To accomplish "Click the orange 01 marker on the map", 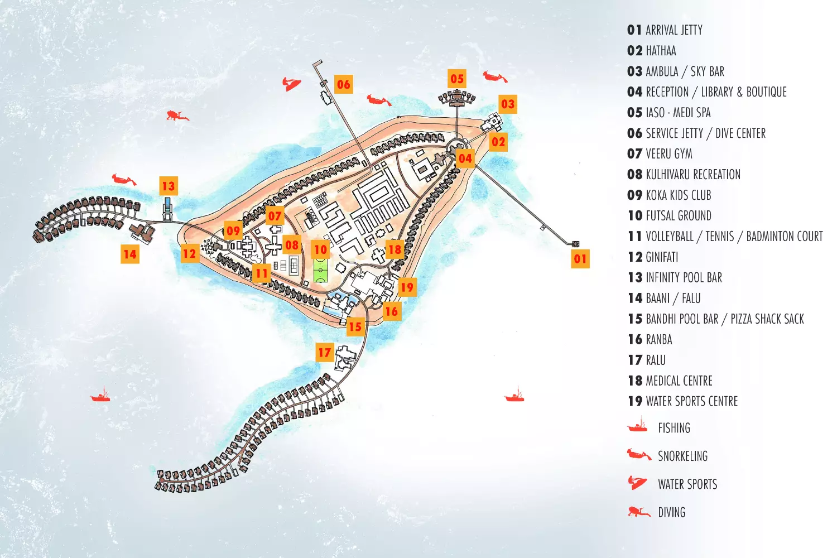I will (580, 258).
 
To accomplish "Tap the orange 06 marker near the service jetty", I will (344, 84).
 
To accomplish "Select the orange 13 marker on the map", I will (169, 186).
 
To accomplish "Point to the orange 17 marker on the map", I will (325, 352).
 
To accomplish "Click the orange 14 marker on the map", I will (130, 254).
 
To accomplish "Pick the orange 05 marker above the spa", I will (457, 79).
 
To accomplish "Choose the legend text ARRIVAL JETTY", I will (674, 30).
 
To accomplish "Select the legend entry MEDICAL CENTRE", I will (679, 381).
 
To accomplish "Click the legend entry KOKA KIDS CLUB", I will (678, 195).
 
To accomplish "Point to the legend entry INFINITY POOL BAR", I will (684, 278).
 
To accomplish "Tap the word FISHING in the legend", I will (674, 429).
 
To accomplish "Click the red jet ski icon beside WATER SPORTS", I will (637, 482).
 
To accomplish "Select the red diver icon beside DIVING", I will (638, 511).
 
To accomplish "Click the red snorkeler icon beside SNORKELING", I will (638, 455).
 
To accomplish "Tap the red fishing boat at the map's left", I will (100, 396).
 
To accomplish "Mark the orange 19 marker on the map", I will (407, 287).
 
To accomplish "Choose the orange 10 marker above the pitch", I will (320, 249).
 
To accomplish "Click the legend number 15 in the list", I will (635, 319).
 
